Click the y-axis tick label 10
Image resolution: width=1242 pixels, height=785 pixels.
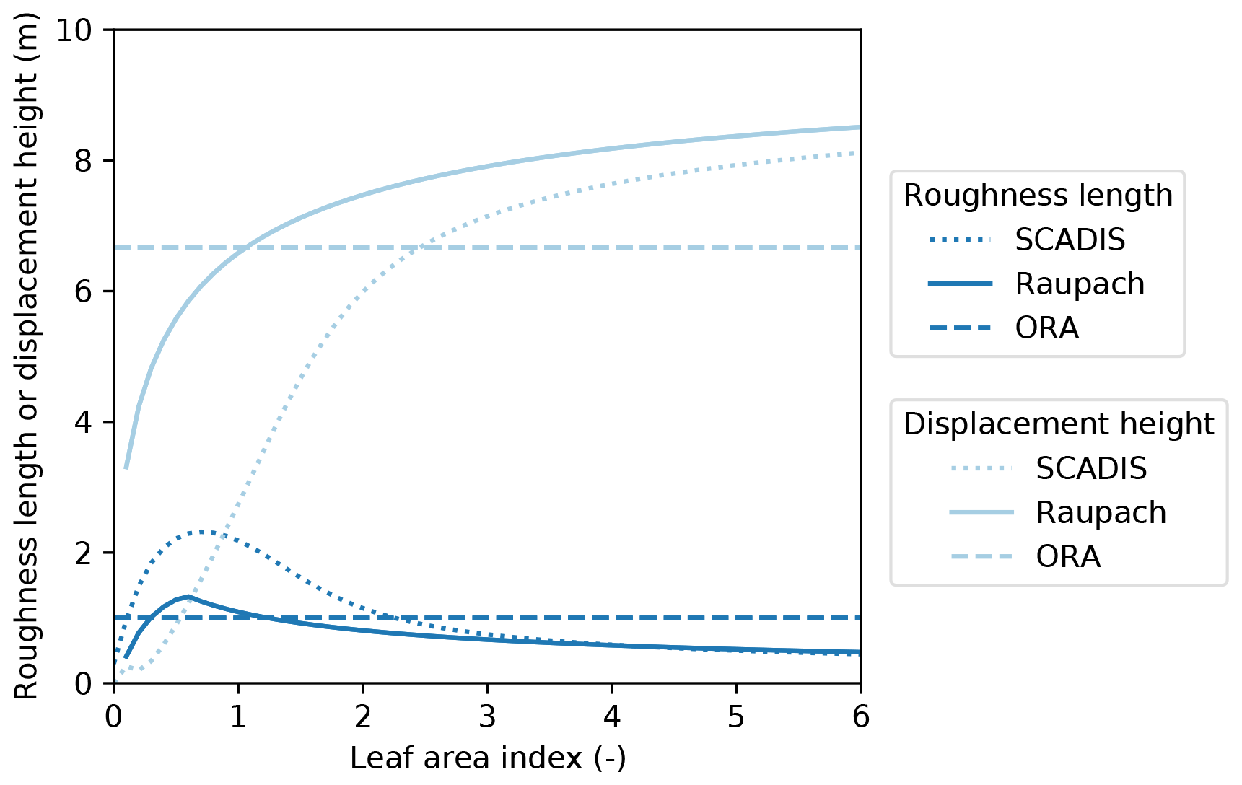point(74,30)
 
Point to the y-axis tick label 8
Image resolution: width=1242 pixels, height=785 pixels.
point(84,161)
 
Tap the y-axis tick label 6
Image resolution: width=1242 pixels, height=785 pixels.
point(84,291)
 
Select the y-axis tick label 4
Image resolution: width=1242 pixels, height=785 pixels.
point(84,422)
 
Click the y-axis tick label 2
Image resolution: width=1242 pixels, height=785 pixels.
point(84,553)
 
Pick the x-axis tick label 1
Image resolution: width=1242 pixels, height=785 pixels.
point(238,716)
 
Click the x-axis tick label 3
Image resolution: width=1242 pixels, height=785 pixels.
point(487,716)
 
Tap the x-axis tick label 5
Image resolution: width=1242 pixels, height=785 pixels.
point(736,716)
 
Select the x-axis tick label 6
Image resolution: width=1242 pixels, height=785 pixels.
point(860,716)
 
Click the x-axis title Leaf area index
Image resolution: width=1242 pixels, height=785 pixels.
point(488,758)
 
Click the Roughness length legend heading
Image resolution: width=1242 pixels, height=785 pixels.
point(1038,196)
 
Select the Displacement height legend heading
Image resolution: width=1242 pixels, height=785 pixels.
point(1059,424)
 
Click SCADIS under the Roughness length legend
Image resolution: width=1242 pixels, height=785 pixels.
point(1070,240)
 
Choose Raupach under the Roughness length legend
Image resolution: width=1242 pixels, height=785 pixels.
point(1080,284)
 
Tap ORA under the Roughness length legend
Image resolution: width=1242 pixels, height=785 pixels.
point(1046,328)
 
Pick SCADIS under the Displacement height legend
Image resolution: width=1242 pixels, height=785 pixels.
point(1091,469)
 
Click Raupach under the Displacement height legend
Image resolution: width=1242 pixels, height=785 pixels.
point(1101,513)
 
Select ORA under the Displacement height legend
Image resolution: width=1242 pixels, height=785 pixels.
point(1068,557)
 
